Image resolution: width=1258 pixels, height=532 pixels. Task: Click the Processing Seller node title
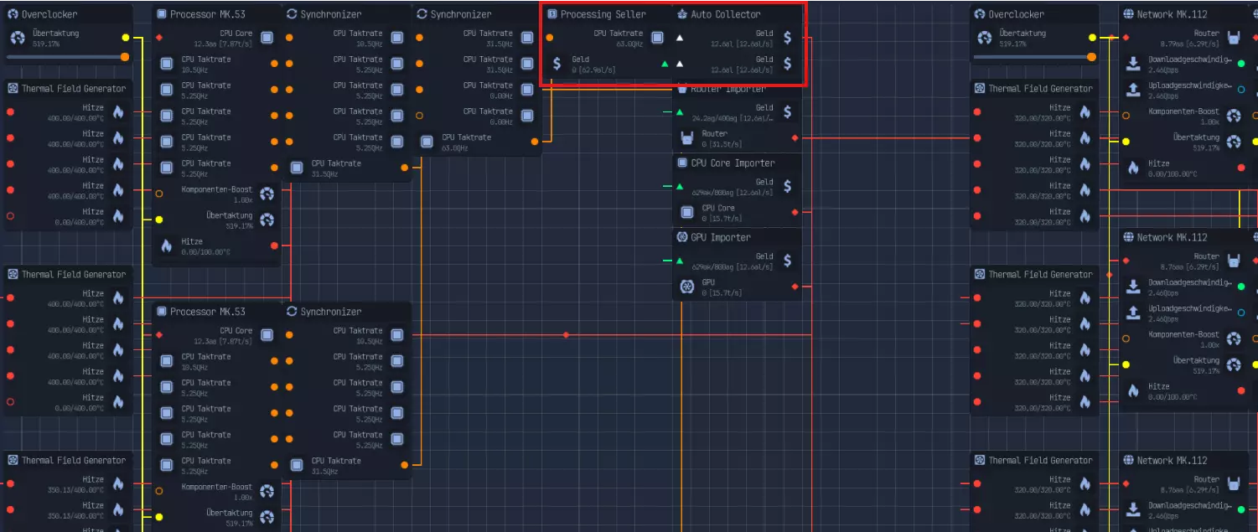(603, 14)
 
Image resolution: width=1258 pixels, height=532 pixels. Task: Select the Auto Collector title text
(726, 14)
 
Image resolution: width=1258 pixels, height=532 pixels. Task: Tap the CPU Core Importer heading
(732, 163)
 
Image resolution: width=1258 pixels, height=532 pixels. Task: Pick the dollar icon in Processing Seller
(557, 64)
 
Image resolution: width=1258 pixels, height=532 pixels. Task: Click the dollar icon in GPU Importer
(787, 261)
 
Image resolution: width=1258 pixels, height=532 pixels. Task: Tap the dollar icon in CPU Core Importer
(787, 186)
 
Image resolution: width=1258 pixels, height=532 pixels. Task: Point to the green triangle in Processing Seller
(665, 64)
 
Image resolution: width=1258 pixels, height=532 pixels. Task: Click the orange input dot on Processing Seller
(549, 38)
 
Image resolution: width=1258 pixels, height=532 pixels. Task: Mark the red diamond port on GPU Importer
(795, 287)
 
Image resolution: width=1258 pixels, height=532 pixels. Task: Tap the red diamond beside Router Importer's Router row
(795, 137)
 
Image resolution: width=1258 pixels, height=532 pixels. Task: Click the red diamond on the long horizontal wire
(566, 335)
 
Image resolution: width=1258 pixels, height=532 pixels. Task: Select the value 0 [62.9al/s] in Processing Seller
(593, 70)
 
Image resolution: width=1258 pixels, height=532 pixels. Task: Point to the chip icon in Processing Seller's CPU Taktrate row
(658, 38)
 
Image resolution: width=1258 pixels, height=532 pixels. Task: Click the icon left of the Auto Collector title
(681, 14)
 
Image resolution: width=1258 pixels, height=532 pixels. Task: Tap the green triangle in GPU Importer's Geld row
(680, 261)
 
